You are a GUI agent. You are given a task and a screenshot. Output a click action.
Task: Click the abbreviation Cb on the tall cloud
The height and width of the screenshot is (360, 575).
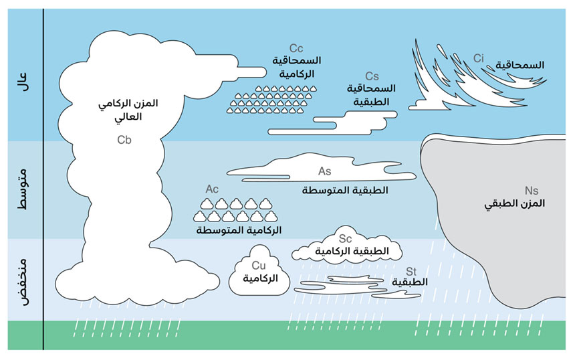click(124, 140)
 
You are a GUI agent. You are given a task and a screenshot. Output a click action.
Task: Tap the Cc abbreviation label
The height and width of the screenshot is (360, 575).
click(297, 49)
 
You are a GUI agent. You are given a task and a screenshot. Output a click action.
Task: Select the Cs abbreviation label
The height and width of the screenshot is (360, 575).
click(372, 77)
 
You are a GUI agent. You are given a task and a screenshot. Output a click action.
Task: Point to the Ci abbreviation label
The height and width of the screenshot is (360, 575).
click(479, 58)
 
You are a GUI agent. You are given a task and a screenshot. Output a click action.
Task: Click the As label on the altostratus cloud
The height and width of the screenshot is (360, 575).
click(325, 171)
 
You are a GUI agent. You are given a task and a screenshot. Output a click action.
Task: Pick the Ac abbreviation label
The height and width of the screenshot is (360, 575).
click(212, 189)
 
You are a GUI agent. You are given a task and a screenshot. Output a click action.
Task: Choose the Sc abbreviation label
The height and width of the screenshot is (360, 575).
click(346, 238)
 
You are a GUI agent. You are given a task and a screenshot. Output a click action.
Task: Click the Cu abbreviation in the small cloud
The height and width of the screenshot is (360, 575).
click(259, 266)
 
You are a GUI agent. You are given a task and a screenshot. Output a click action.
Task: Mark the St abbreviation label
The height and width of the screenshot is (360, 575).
click(413, 270)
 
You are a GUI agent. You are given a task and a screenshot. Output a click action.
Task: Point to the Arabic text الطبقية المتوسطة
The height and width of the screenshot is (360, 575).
click(345, 191)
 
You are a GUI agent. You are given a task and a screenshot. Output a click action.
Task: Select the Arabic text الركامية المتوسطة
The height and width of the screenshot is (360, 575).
click(239, 230)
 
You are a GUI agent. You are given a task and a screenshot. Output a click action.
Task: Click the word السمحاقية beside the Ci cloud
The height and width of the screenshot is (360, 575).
click(520, 65)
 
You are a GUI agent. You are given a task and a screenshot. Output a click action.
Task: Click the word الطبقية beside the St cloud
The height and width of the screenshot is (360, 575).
click(410, 282)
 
